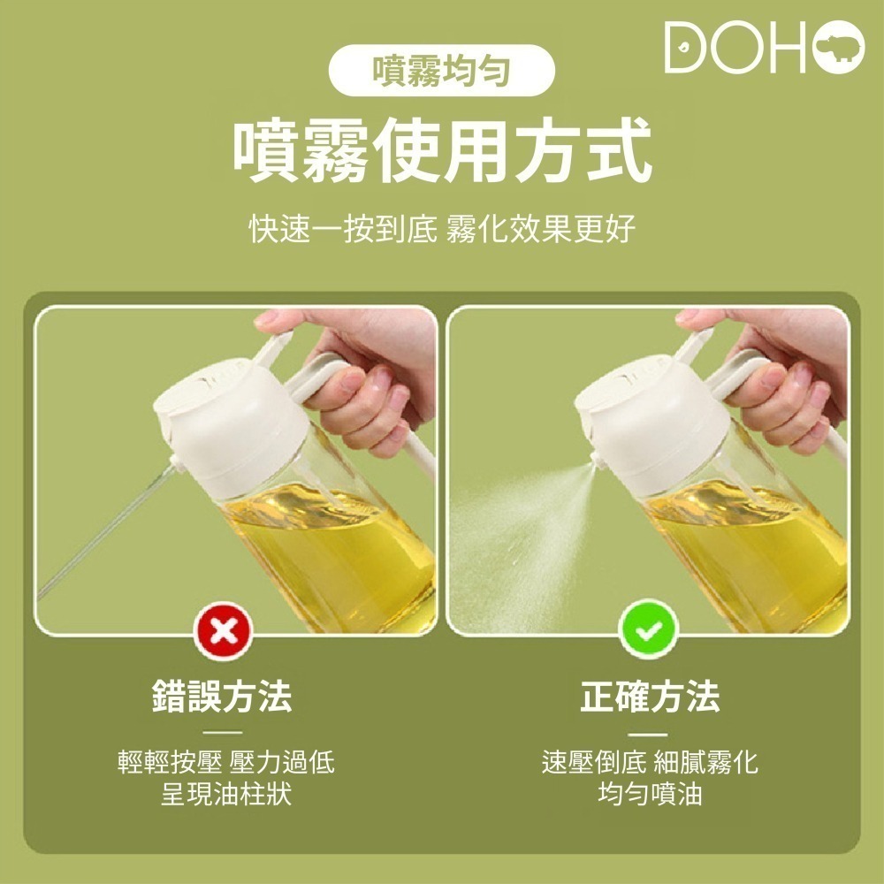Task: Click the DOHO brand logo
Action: coord(764,49)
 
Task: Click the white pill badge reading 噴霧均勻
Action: coord(441,70)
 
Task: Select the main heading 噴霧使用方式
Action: coord(441,151)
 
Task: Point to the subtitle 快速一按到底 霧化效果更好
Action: coord(441,231)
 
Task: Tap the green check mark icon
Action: coord(649,629)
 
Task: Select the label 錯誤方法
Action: coord(221,697)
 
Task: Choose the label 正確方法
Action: coord(650,697)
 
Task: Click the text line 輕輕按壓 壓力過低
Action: coord(226,762)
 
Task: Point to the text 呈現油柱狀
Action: coord(226,794)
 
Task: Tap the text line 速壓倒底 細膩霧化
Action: coord(650,762)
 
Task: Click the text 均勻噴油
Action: coord(650,794)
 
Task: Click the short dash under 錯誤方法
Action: coord(221,732)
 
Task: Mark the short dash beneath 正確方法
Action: coord(650,733)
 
